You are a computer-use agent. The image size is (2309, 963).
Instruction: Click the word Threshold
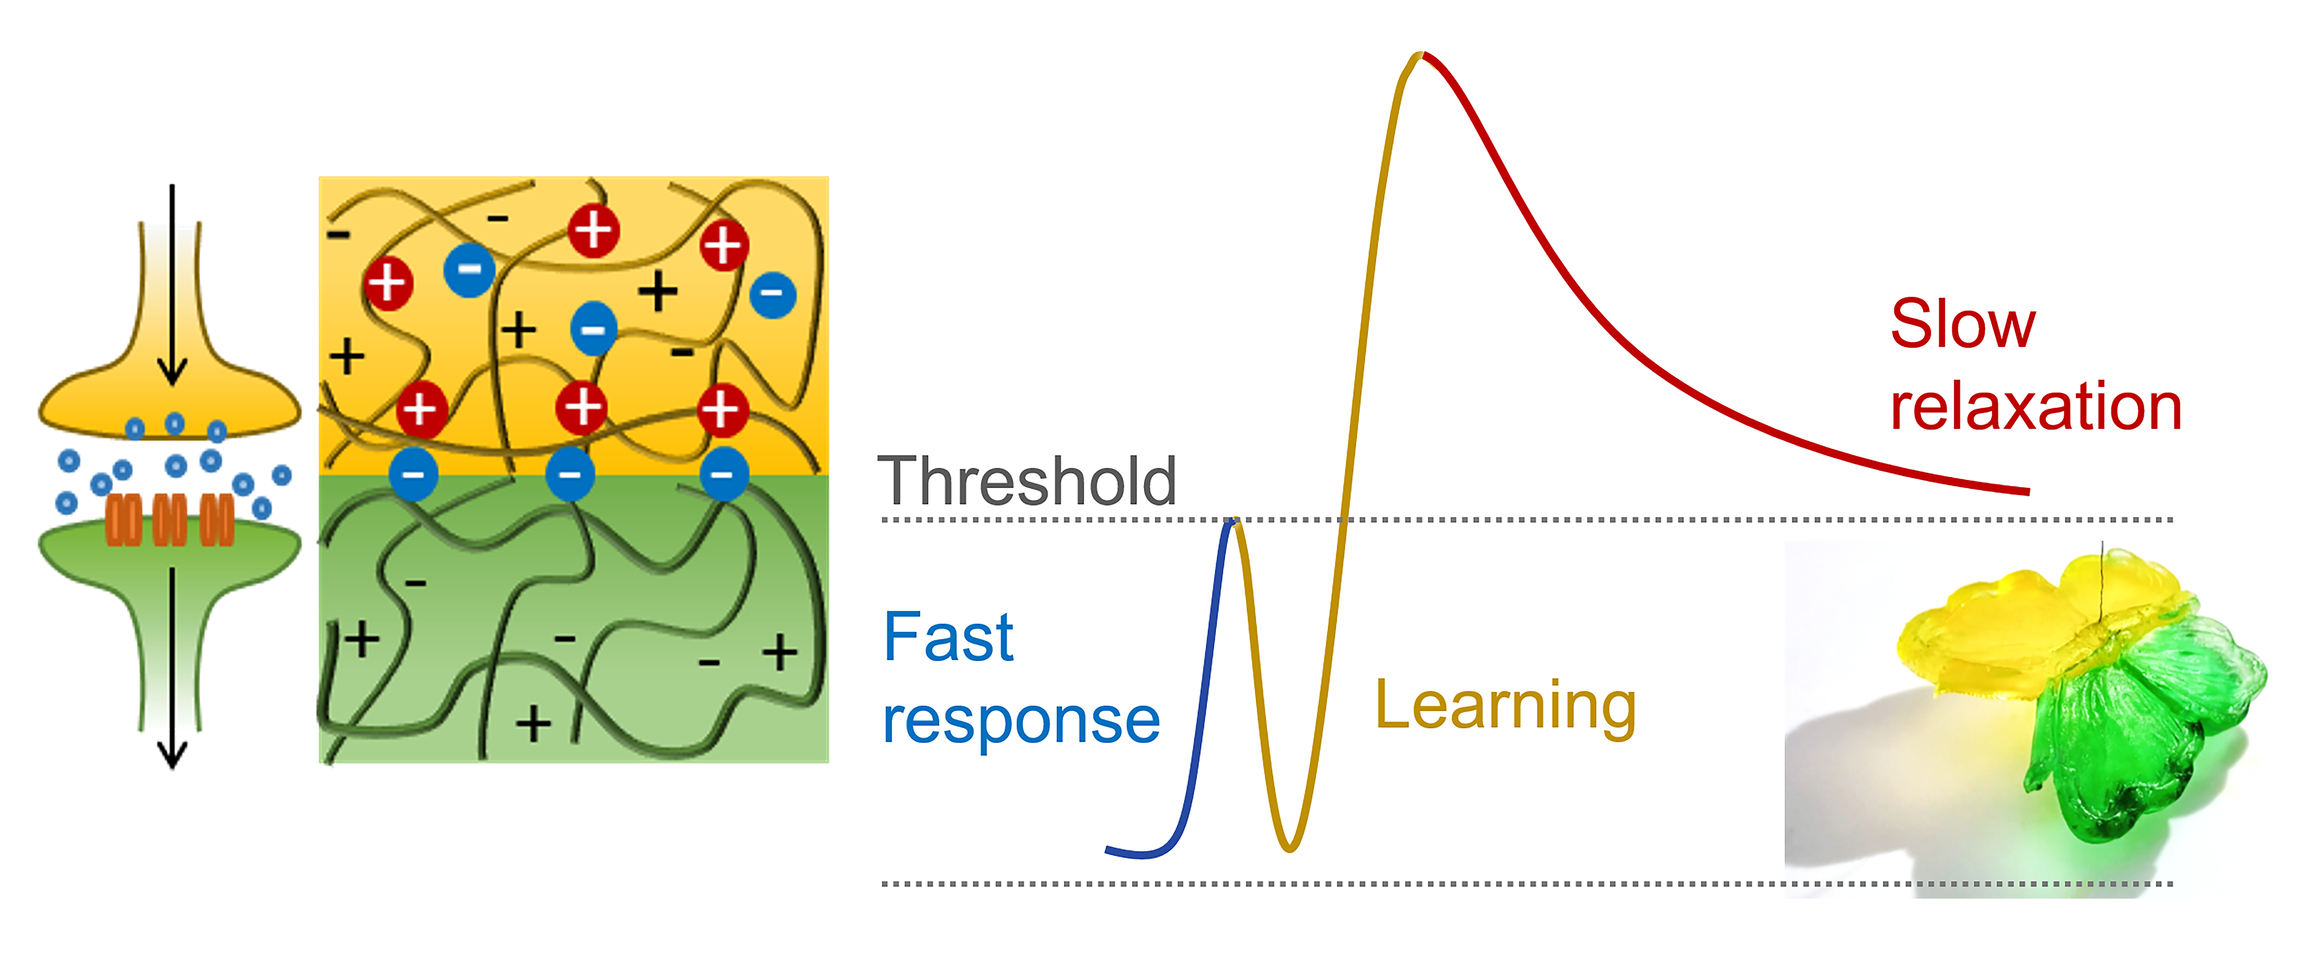[1026, 481]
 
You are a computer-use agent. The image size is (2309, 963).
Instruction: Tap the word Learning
[1506, 706]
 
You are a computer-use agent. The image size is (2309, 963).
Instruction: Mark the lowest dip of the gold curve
[1289, 847]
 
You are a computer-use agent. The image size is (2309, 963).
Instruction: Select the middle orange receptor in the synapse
[170, 520]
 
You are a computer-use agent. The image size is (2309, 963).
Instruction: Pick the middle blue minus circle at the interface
[570, 474]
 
